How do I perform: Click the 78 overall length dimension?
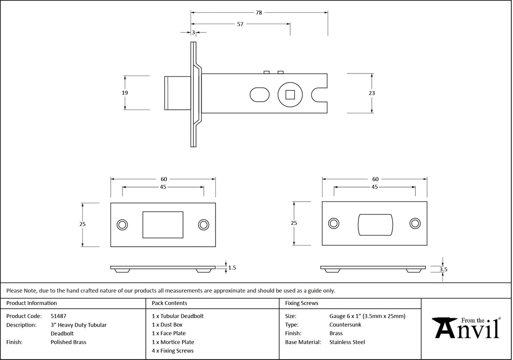tap(259, 13)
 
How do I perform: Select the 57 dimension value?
tap(240, 24)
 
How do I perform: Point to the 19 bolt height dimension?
tap(125, 93)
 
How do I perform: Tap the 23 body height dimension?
tap(372, 93)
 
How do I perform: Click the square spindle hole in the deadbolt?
tap(290, 94)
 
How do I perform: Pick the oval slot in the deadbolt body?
tap(259, 94)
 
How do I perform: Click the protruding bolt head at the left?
tap(177, 93)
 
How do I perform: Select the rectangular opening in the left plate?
tap(163, 225)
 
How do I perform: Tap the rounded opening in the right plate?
tap(375, 224)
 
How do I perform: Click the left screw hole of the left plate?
tap(123, 225)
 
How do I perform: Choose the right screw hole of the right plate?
tap(415, 224)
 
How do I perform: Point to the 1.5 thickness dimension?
tap(232, 267)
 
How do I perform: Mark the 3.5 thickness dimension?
tap(443, 269)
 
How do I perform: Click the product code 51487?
tap(58, 316)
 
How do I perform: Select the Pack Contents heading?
tap(169, 303)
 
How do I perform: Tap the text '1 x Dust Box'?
tap(167, 325)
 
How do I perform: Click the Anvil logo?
tap(467, 328)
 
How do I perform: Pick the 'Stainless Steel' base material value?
tap(347, 342)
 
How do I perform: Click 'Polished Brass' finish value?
tap(68, 342)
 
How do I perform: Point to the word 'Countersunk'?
tap(345, 325)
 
